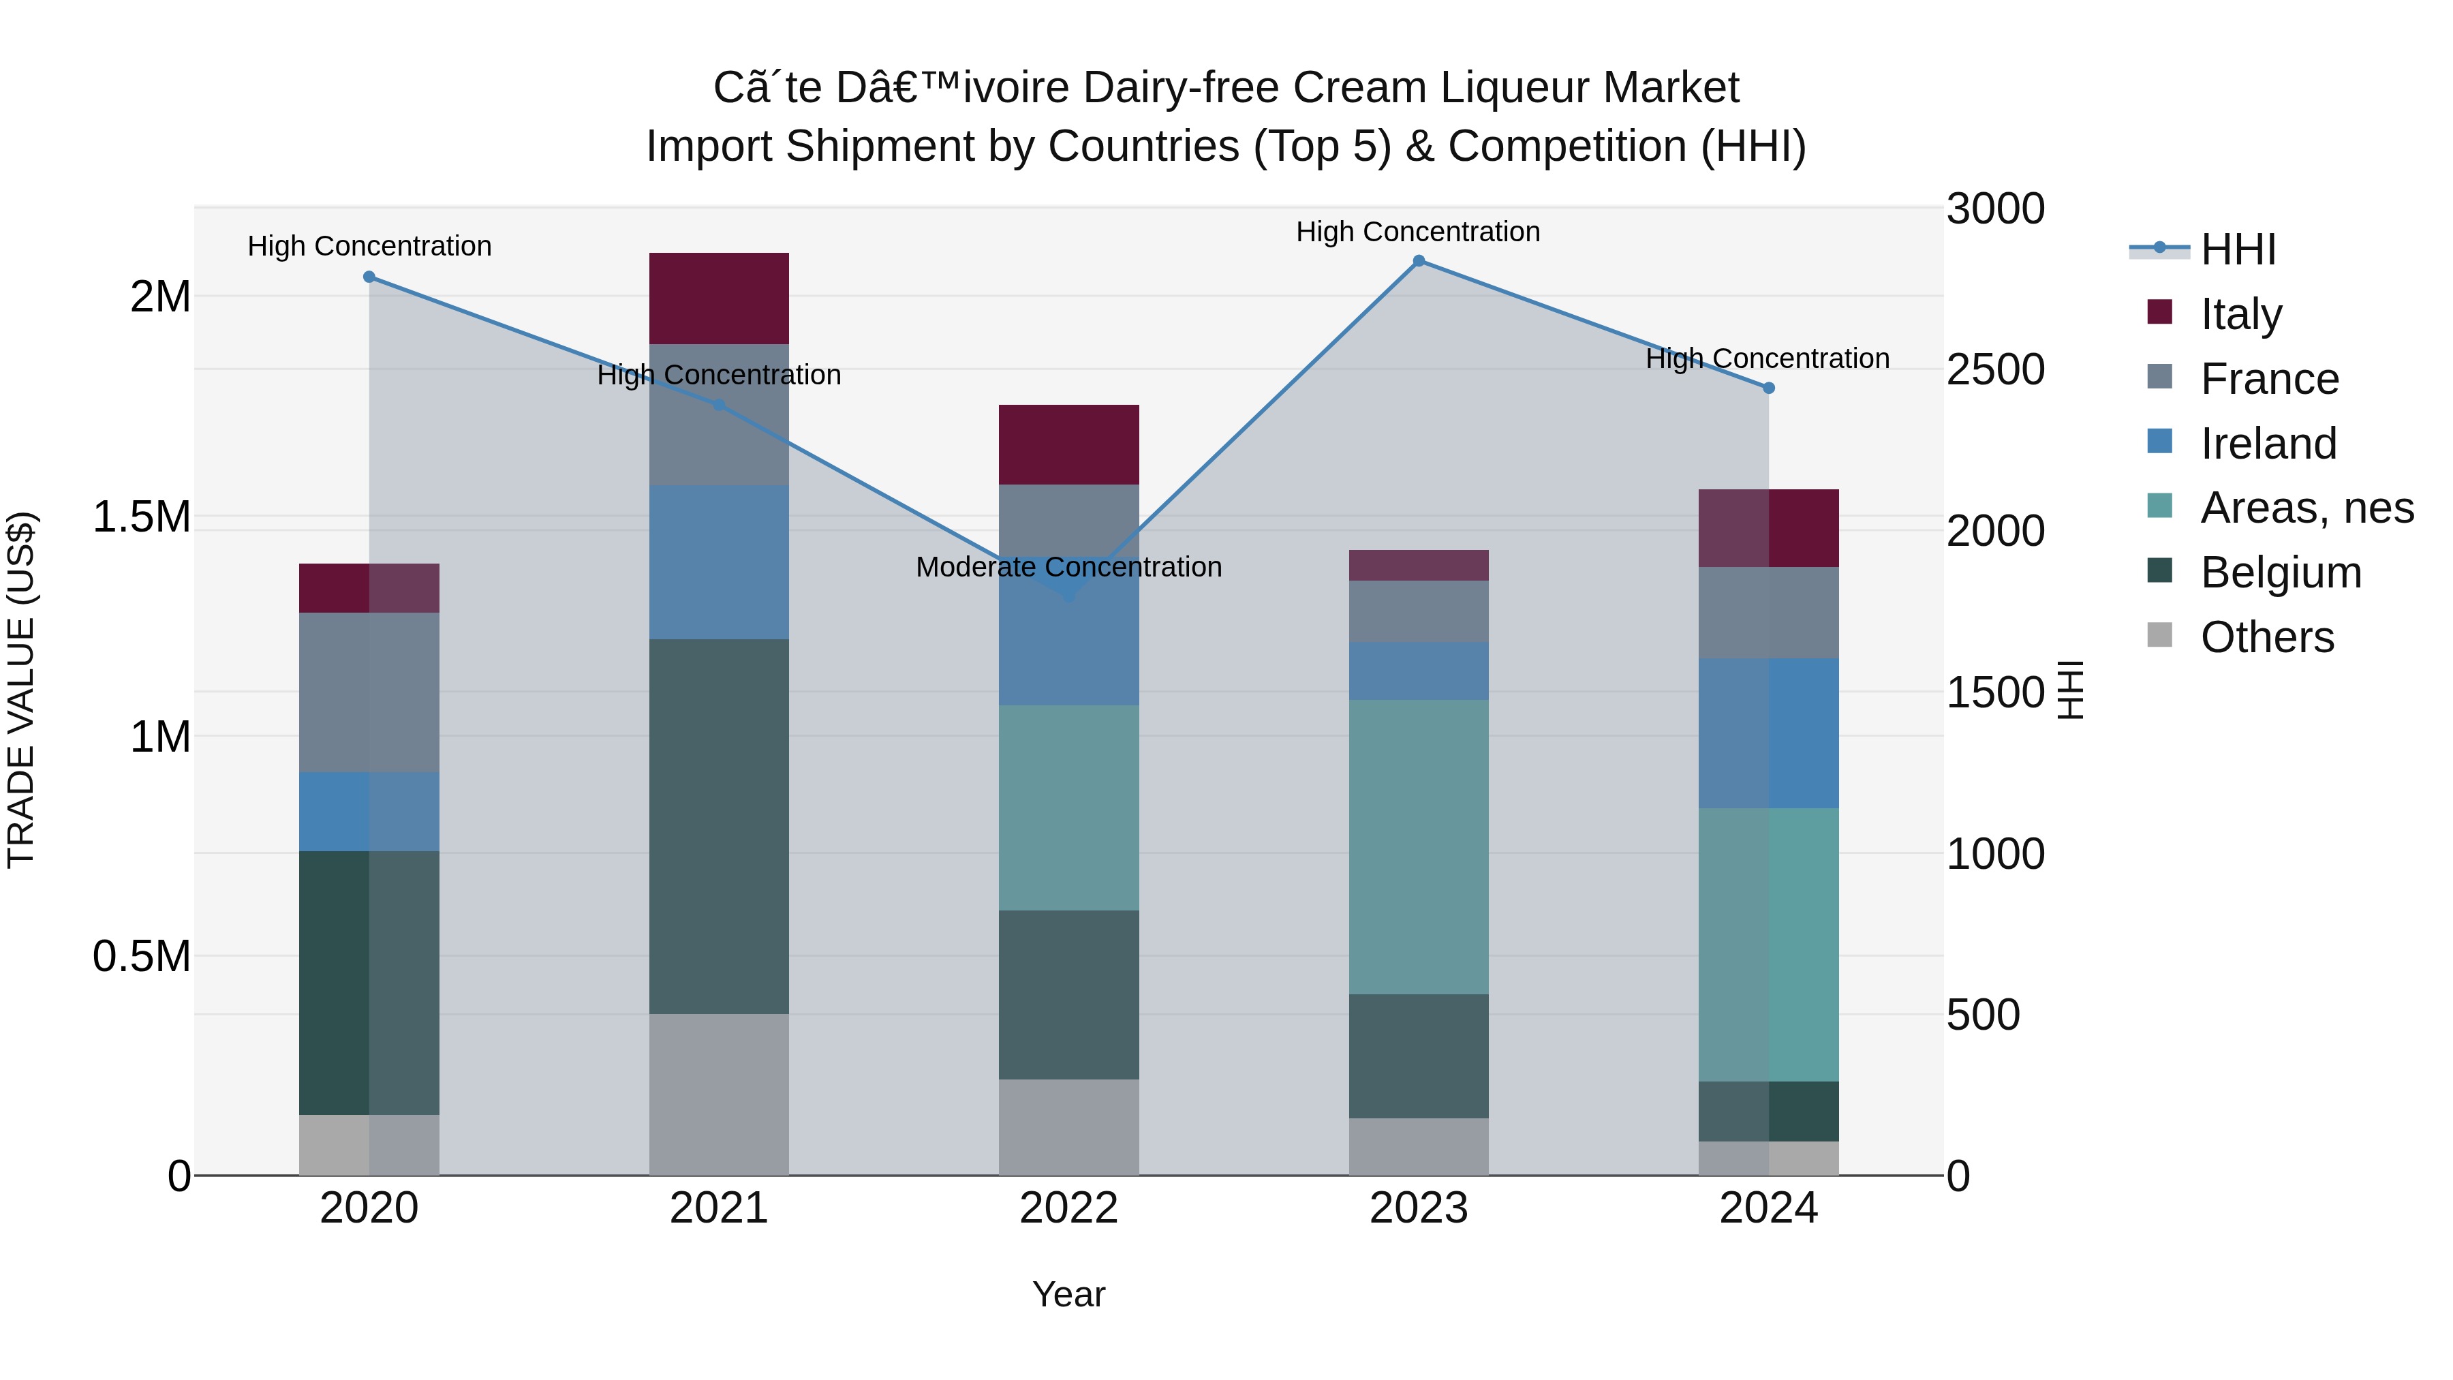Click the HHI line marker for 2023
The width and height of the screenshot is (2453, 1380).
click(1419, 261)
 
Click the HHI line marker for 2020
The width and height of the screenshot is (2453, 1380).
click(369, 277)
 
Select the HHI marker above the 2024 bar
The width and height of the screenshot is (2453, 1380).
click(1768, 388)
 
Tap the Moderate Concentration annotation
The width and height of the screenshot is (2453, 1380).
click(1068, 567)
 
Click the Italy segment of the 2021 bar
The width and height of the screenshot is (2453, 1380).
click(719, 298)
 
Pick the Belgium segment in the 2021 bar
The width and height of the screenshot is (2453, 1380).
click(719, 826)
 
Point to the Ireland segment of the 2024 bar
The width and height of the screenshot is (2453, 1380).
click(1768, 733)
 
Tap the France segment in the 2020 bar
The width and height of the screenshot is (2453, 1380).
click(369, 692)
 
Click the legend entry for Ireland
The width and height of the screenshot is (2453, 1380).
click(2267, 444)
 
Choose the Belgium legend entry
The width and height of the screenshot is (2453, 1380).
click(2280, 572)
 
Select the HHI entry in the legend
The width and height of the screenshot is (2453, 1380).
click(2238, 249)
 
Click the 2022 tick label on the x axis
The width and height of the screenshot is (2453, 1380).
click(1068, 1208)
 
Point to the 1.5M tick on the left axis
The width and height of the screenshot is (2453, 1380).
click(141, 517)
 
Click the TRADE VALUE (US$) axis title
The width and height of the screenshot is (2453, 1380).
click(21, 690)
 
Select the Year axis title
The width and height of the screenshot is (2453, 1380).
click(1068, 1294)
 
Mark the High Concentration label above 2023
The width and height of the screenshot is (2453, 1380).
click(1418, 232)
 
